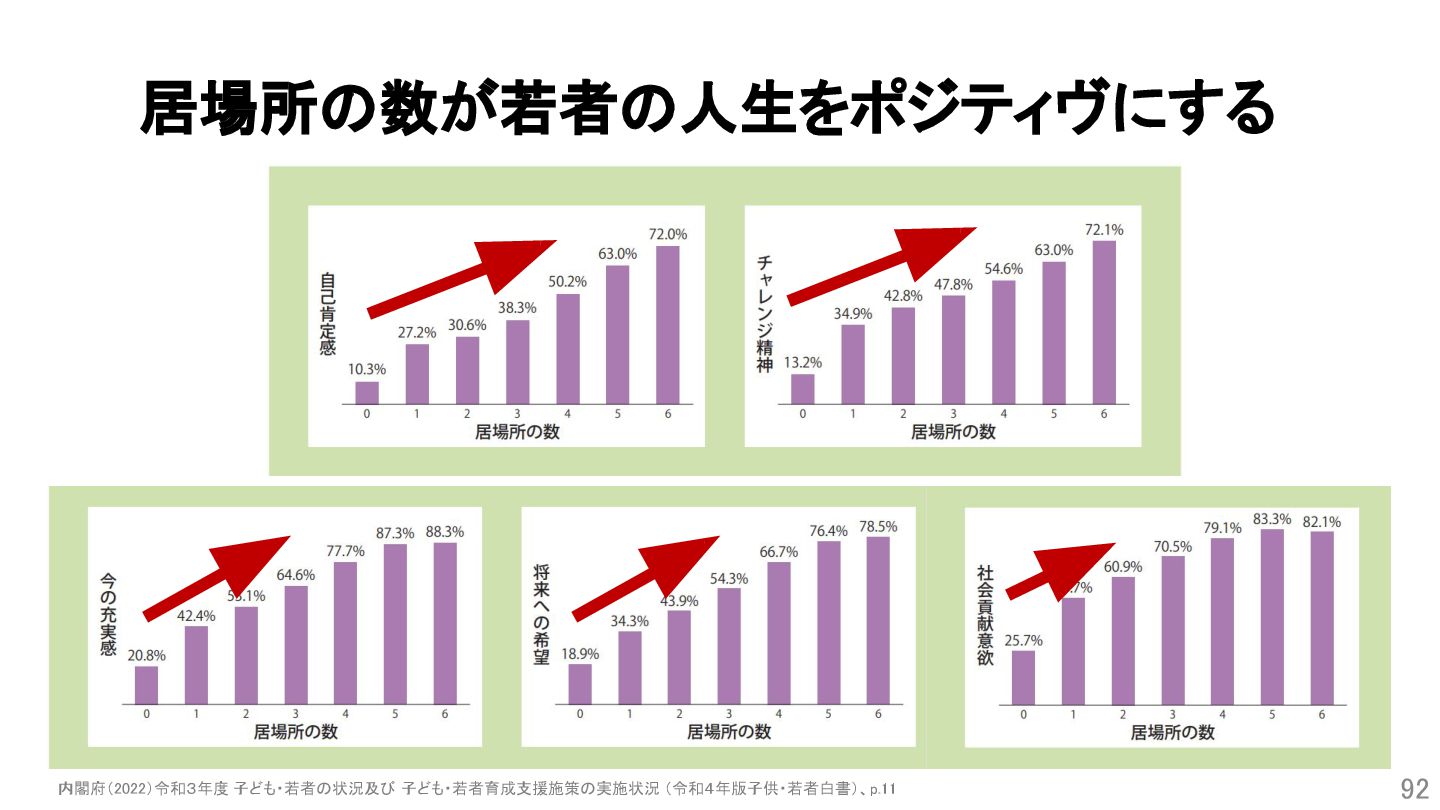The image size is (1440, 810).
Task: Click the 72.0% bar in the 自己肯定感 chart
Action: pyautogui.click(x=668, y=325)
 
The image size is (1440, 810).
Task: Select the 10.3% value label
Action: pyautogui.click(x=367, y=369)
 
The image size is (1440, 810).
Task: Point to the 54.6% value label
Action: pyautogui.click(x=1003, y=268)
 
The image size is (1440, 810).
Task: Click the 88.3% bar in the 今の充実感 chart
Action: pyautogui.click(x=445, y=623)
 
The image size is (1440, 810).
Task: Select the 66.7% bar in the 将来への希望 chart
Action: pyautogui.click(x=779, y=633)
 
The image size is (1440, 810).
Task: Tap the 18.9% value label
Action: pyautogui.click(x=580, y=653)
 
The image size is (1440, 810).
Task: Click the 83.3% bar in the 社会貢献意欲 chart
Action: pyautogui.click(x=1272, y=617)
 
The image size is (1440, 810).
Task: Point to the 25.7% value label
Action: pyautogui.click(x=1023, y=640)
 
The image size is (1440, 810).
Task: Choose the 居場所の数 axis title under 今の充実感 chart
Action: pyautogui.click(x=296, y=732)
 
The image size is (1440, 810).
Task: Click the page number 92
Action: pyautogui.click(x=1414, y=789)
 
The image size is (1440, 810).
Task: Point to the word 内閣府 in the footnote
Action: pyautogui.click(x=78, y=789)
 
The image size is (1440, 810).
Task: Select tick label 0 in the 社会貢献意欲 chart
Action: pyautogui.click(x=1023, y=714)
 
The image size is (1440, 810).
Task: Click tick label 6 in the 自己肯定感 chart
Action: pyautogui.click(x=668, y=414)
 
